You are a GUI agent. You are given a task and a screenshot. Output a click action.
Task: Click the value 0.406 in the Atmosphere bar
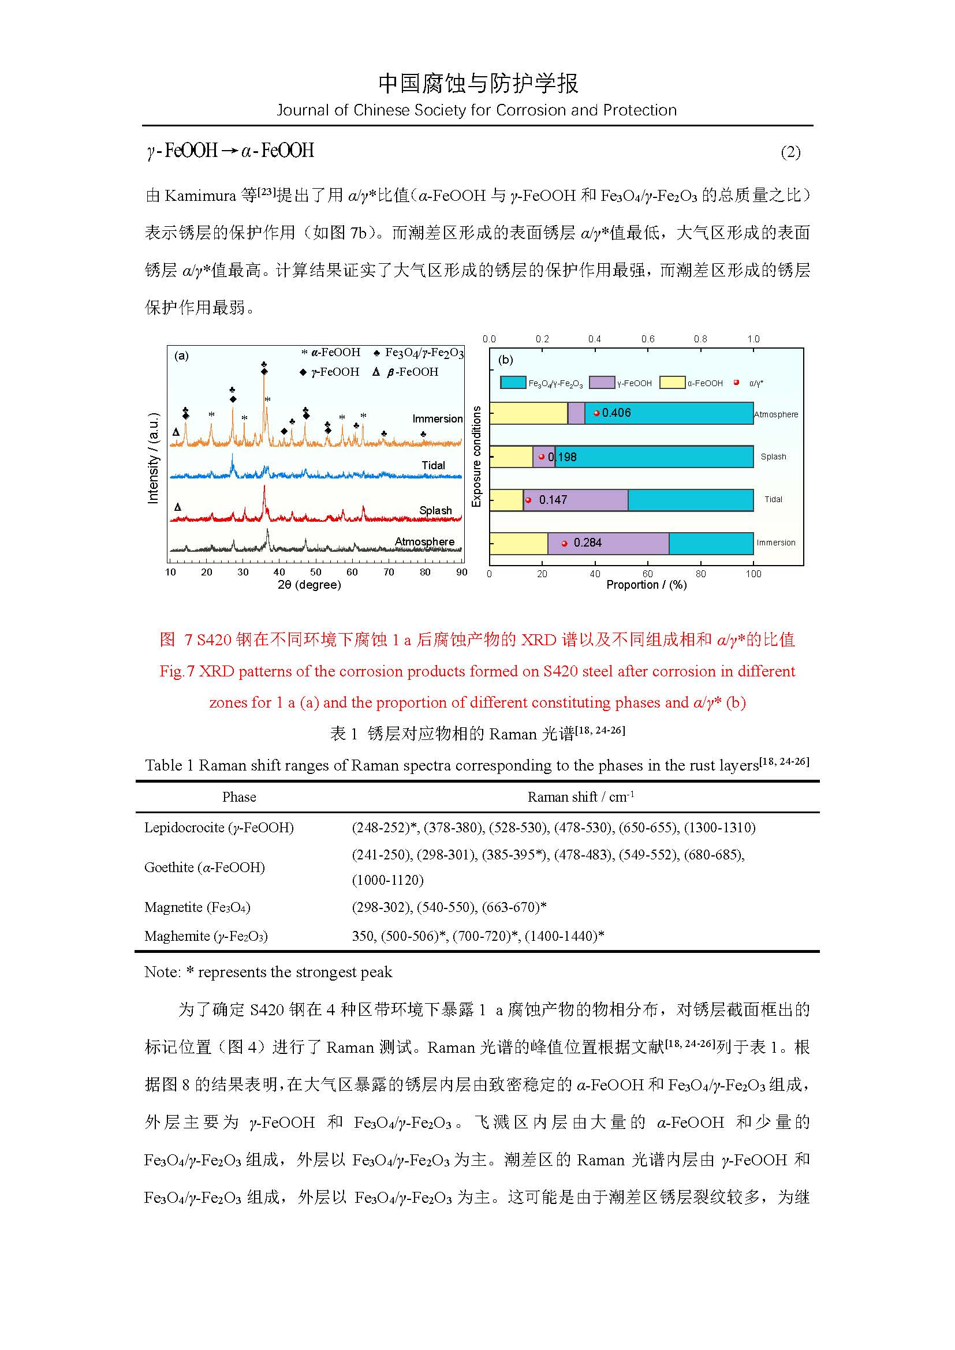pyautogui.click(x=615, y=413)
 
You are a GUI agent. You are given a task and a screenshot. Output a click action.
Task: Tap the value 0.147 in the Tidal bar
pyautogui.click(x=553, y=500)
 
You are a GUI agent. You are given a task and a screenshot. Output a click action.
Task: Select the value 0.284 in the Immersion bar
pyautogui.click(x=587, y=543)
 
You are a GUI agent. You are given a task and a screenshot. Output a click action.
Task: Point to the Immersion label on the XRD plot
pyautogui.click(x=437, y=418)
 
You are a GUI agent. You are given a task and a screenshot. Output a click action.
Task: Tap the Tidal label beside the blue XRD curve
pyautogui.click(x=433, y=465)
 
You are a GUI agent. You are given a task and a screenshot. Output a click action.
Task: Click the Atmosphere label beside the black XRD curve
pyautogui.click(x=424, y=541)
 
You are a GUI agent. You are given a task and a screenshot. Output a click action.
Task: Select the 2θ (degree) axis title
pyautogui.click(x=309, y=585)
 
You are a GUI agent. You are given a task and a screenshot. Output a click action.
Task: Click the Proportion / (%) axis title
pyautogui.click(x=646, y=585)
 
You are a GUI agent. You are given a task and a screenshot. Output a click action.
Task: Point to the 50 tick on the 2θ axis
pyautogui.click(x=316, y=572)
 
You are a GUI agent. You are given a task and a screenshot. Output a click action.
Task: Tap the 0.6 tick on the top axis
pyautogui.click(x=647, y=339)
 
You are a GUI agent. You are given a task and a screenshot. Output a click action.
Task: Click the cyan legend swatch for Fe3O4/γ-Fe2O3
pyautogui.click(x=513, y=383)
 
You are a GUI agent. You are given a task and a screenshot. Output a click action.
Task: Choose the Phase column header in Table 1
pyautogui.click(x=239, y=796)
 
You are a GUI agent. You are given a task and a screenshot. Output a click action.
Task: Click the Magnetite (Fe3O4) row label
pyautogui.click(x=197, y=907)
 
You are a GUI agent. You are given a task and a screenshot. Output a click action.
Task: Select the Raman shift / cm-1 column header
pyautogui.click(x=580, y=796)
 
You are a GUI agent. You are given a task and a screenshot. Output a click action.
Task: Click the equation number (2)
pyautogui.click(x=790, y=152)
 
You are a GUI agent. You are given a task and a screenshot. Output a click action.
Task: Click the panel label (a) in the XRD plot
pyautogui.click(x=181, y=356)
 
